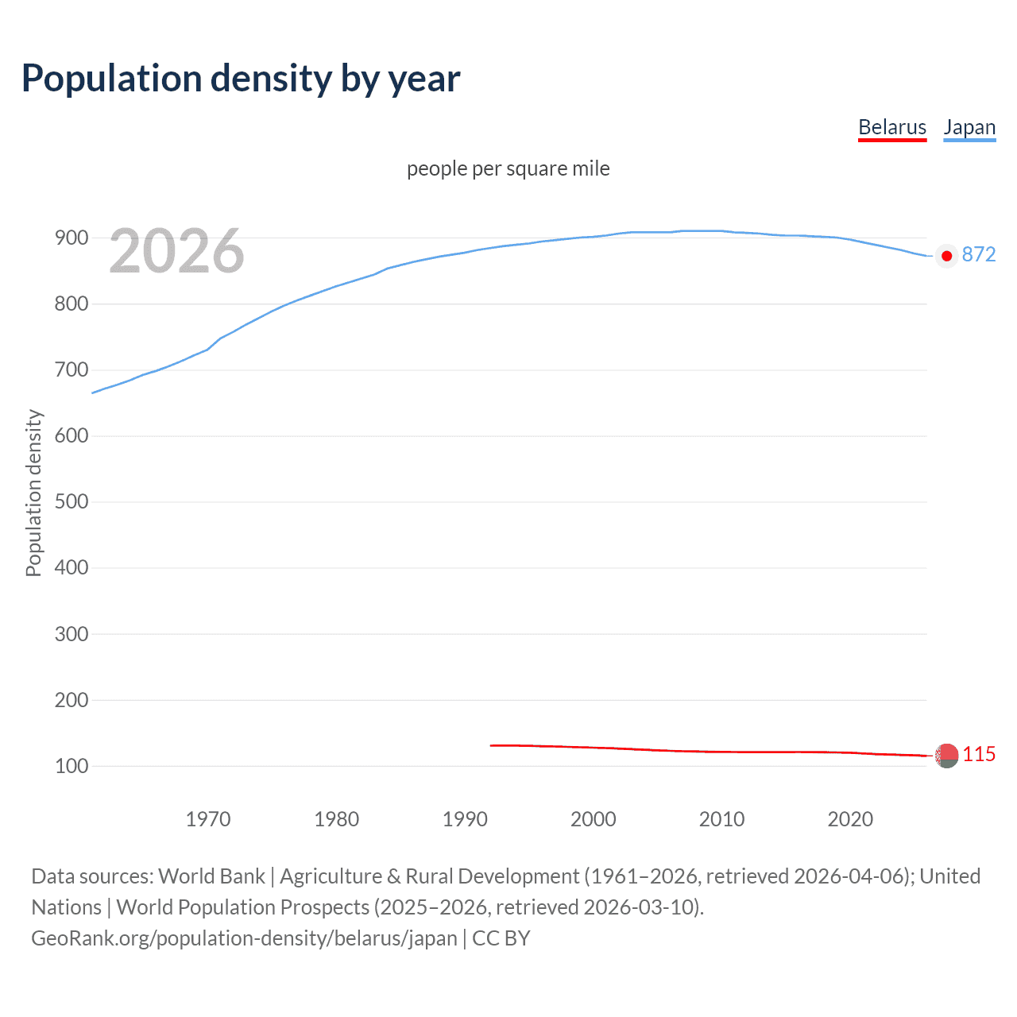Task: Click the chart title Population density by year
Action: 241,79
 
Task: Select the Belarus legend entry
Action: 892,127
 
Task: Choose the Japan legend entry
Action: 969,127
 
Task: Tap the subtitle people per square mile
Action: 508,168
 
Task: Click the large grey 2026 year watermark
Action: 176,251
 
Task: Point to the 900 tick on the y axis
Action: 72,238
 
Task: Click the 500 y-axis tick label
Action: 72,501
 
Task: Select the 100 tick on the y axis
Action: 72,766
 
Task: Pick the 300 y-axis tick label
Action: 72,634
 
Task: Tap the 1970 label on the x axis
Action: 208,819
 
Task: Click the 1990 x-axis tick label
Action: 465,819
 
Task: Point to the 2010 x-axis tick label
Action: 721,819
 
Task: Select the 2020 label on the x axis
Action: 850,819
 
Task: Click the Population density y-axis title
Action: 33,493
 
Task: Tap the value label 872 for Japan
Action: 978,254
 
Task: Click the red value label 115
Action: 979,754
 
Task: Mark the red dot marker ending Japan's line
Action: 946,256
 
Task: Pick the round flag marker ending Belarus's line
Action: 946,756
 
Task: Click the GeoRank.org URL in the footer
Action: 244,938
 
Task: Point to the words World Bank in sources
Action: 211,876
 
